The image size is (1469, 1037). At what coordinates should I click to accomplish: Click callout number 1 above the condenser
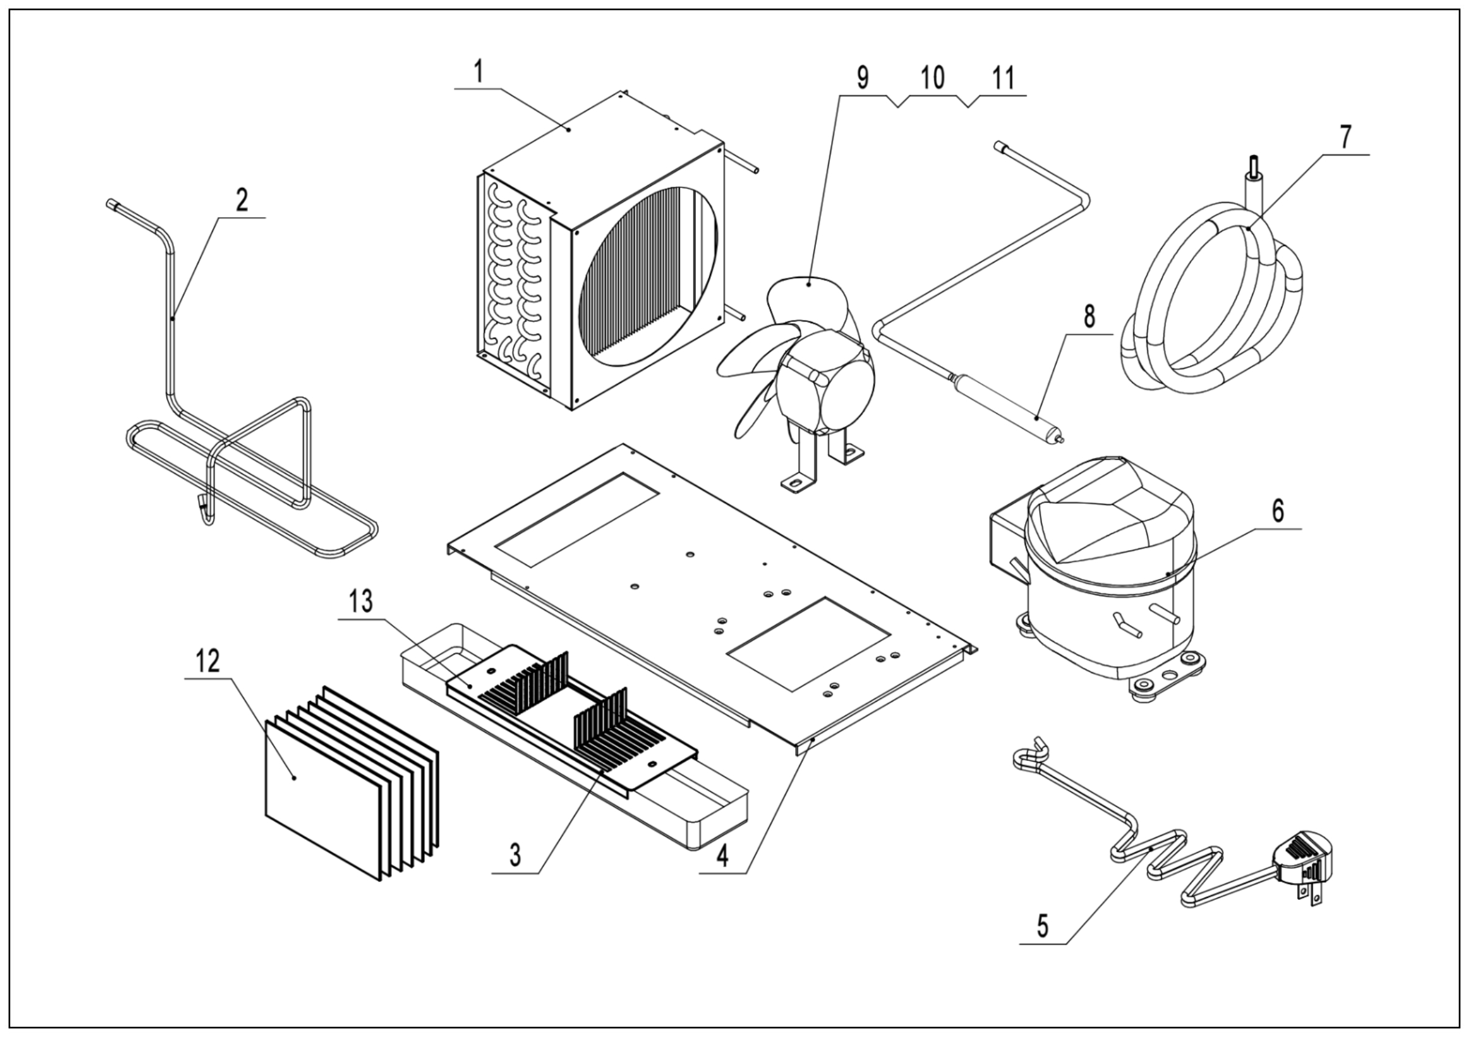click(479, 74)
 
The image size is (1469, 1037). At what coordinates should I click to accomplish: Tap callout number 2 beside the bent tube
click(241, 201)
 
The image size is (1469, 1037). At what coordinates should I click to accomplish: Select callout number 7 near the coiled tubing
click(1345, 138)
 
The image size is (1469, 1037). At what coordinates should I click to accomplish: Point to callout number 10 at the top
click(932, 78)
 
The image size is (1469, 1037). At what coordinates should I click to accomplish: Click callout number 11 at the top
click(1003, 78)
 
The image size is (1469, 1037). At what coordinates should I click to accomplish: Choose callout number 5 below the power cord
click(1042, 926)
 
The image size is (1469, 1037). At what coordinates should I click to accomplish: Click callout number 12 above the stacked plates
click(209, 662)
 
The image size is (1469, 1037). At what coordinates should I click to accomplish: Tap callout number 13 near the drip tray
click(362, 602)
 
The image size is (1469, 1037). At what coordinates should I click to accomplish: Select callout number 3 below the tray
click(515, 855)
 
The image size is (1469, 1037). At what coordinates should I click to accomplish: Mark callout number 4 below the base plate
click(722, 856)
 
